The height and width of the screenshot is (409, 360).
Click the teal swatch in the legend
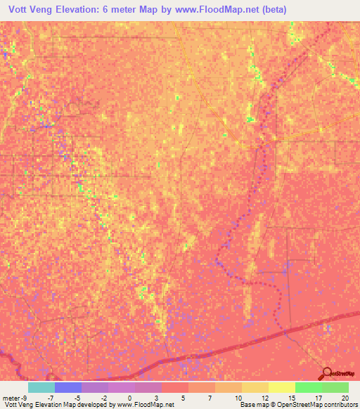(41, 387)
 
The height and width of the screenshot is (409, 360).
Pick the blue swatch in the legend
(67, 387)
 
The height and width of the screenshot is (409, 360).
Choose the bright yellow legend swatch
(281, 387)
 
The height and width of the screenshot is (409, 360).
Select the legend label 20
(344, 397)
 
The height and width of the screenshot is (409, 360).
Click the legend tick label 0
(129, 397)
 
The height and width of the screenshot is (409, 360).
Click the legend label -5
(76, 397)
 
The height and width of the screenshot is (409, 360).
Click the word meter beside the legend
(10, 397)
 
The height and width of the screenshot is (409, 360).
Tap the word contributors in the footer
(341, 405)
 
